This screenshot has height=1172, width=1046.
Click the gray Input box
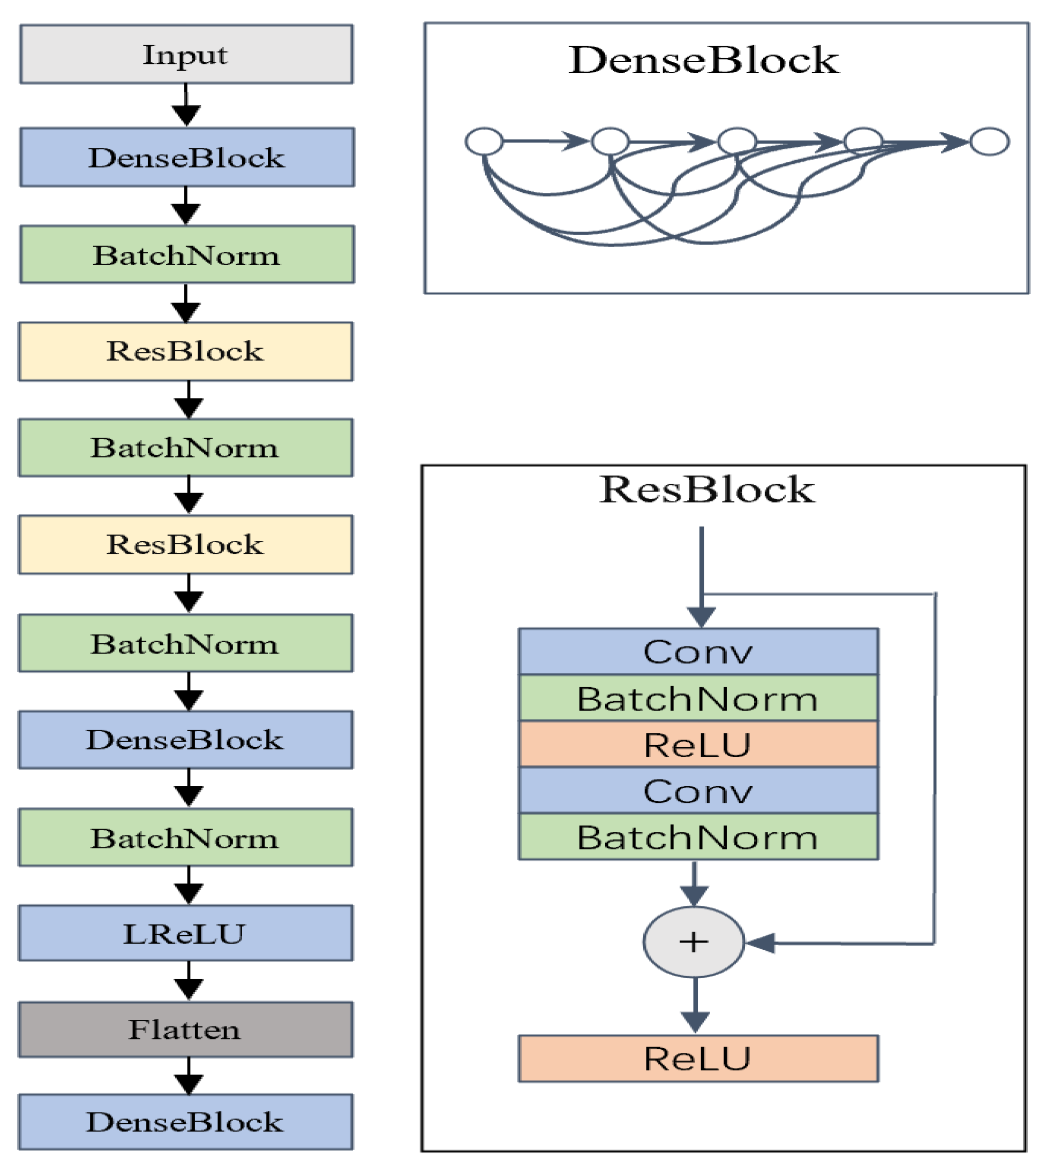pos(186,55)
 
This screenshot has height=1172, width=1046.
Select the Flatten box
pos(186,1029)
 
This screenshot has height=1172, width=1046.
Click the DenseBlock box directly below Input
pos(187,157)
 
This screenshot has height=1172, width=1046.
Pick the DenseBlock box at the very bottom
pos(186,1122)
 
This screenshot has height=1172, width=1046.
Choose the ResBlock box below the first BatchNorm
pos(186,351)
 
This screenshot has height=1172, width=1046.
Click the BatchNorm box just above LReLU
pos(186,837)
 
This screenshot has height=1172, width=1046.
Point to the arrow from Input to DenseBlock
pos(186,107)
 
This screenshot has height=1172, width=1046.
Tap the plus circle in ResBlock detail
pos(694,942)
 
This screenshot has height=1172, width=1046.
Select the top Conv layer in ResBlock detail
pos(698,651)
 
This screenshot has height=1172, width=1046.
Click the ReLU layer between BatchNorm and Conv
pos(698,745)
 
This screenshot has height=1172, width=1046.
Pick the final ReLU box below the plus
pos(698,1058)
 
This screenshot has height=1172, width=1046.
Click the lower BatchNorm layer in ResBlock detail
pos(698,837)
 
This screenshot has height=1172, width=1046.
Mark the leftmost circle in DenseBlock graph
pos(484,141)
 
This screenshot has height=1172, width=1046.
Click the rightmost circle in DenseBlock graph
pos(989,141)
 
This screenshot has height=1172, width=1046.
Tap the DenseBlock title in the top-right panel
pos(703,60)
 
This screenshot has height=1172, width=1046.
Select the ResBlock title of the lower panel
pos(706,489)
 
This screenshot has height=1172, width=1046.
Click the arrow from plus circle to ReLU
pos(695,1004)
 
